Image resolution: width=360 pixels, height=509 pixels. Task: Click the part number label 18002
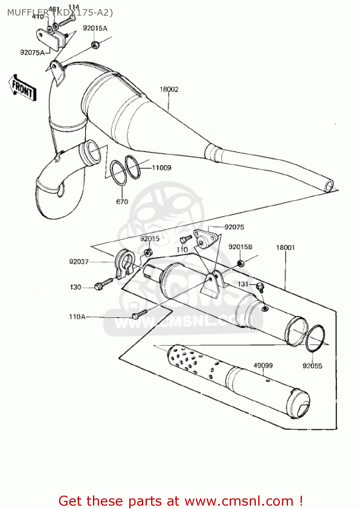point(169,89)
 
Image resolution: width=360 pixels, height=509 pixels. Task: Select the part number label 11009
point(161,168)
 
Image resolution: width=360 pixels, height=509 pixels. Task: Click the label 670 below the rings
point(122,202)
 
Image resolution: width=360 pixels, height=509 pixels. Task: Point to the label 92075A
point(32,52)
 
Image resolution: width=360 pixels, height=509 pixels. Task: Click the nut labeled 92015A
point(95,44)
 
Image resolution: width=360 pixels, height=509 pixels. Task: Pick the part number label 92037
point(79,262)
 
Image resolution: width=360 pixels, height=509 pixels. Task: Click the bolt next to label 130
point(104,284)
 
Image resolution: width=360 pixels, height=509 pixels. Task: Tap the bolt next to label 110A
point(139,314)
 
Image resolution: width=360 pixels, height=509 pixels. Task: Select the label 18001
point(285,247)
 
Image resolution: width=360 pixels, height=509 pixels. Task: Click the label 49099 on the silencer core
point(263,365)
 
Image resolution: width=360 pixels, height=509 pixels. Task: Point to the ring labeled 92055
point(315,339)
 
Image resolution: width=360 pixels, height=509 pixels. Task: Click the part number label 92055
point(312,366)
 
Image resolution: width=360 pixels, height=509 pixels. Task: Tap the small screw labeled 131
point(260,287)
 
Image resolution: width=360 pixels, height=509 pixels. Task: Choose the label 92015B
point(240,247)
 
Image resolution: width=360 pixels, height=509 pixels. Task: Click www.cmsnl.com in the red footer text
point(239,501)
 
